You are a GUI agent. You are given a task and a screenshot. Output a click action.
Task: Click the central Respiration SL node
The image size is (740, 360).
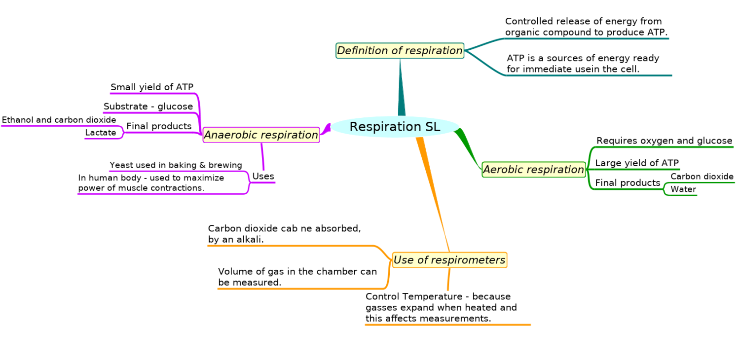(x=395, y=127)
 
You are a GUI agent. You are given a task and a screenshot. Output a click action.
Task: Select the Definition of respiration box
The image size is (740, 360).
(x=400, y=50)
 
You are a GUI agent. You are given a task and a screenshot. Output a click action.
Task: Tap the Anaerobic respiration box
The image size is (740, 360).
(x=261, y=135)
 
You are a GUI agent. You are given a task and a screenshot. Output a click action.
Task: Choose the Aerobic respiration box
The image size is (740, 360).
(x=533, y=170)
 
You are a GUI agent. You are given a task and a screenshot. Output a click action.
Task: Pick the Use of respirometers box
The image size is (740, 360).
(x=449, y=260)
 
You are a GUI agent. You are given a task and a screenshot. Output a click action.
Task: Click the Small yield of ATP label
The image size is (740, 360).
(x=151, y=87)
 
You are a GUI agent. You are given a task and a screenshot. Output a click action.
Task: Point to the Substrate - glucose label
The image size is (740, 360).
(x=148, y=107)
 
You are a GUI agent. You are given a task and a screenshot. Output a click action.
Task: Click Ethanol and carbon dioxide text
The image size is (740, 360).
(x=59, y=120)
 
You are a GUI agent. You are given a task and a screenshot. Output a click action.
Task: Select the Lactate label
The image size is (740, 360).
(x=101, y=133)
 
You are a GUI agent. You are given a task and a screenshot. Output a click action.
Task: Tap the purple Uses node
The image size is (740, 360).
(x=263, y=177)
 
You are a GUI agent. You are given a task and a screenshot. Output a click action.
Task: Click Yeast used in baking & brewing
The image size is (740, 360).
(x=176, y=165)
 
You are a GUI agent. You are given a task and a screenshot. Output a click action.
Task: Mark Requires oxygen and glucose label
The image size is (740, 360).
(x=664, y=141)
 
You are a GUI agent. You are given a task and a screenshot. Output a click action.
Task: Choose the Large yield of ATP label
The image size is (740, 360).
(x=637, y=163)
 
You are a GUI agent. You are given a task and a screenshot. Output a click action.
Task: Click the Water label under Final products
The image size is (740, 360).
(x=683, y=189)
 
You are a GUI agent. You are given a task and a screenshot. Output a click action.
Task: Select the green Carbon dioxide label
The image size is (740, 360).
(x=702, y=177)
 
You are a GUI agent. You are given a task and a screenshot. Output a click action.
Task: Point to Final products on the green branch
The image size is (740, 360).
(x=628, y=183)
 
